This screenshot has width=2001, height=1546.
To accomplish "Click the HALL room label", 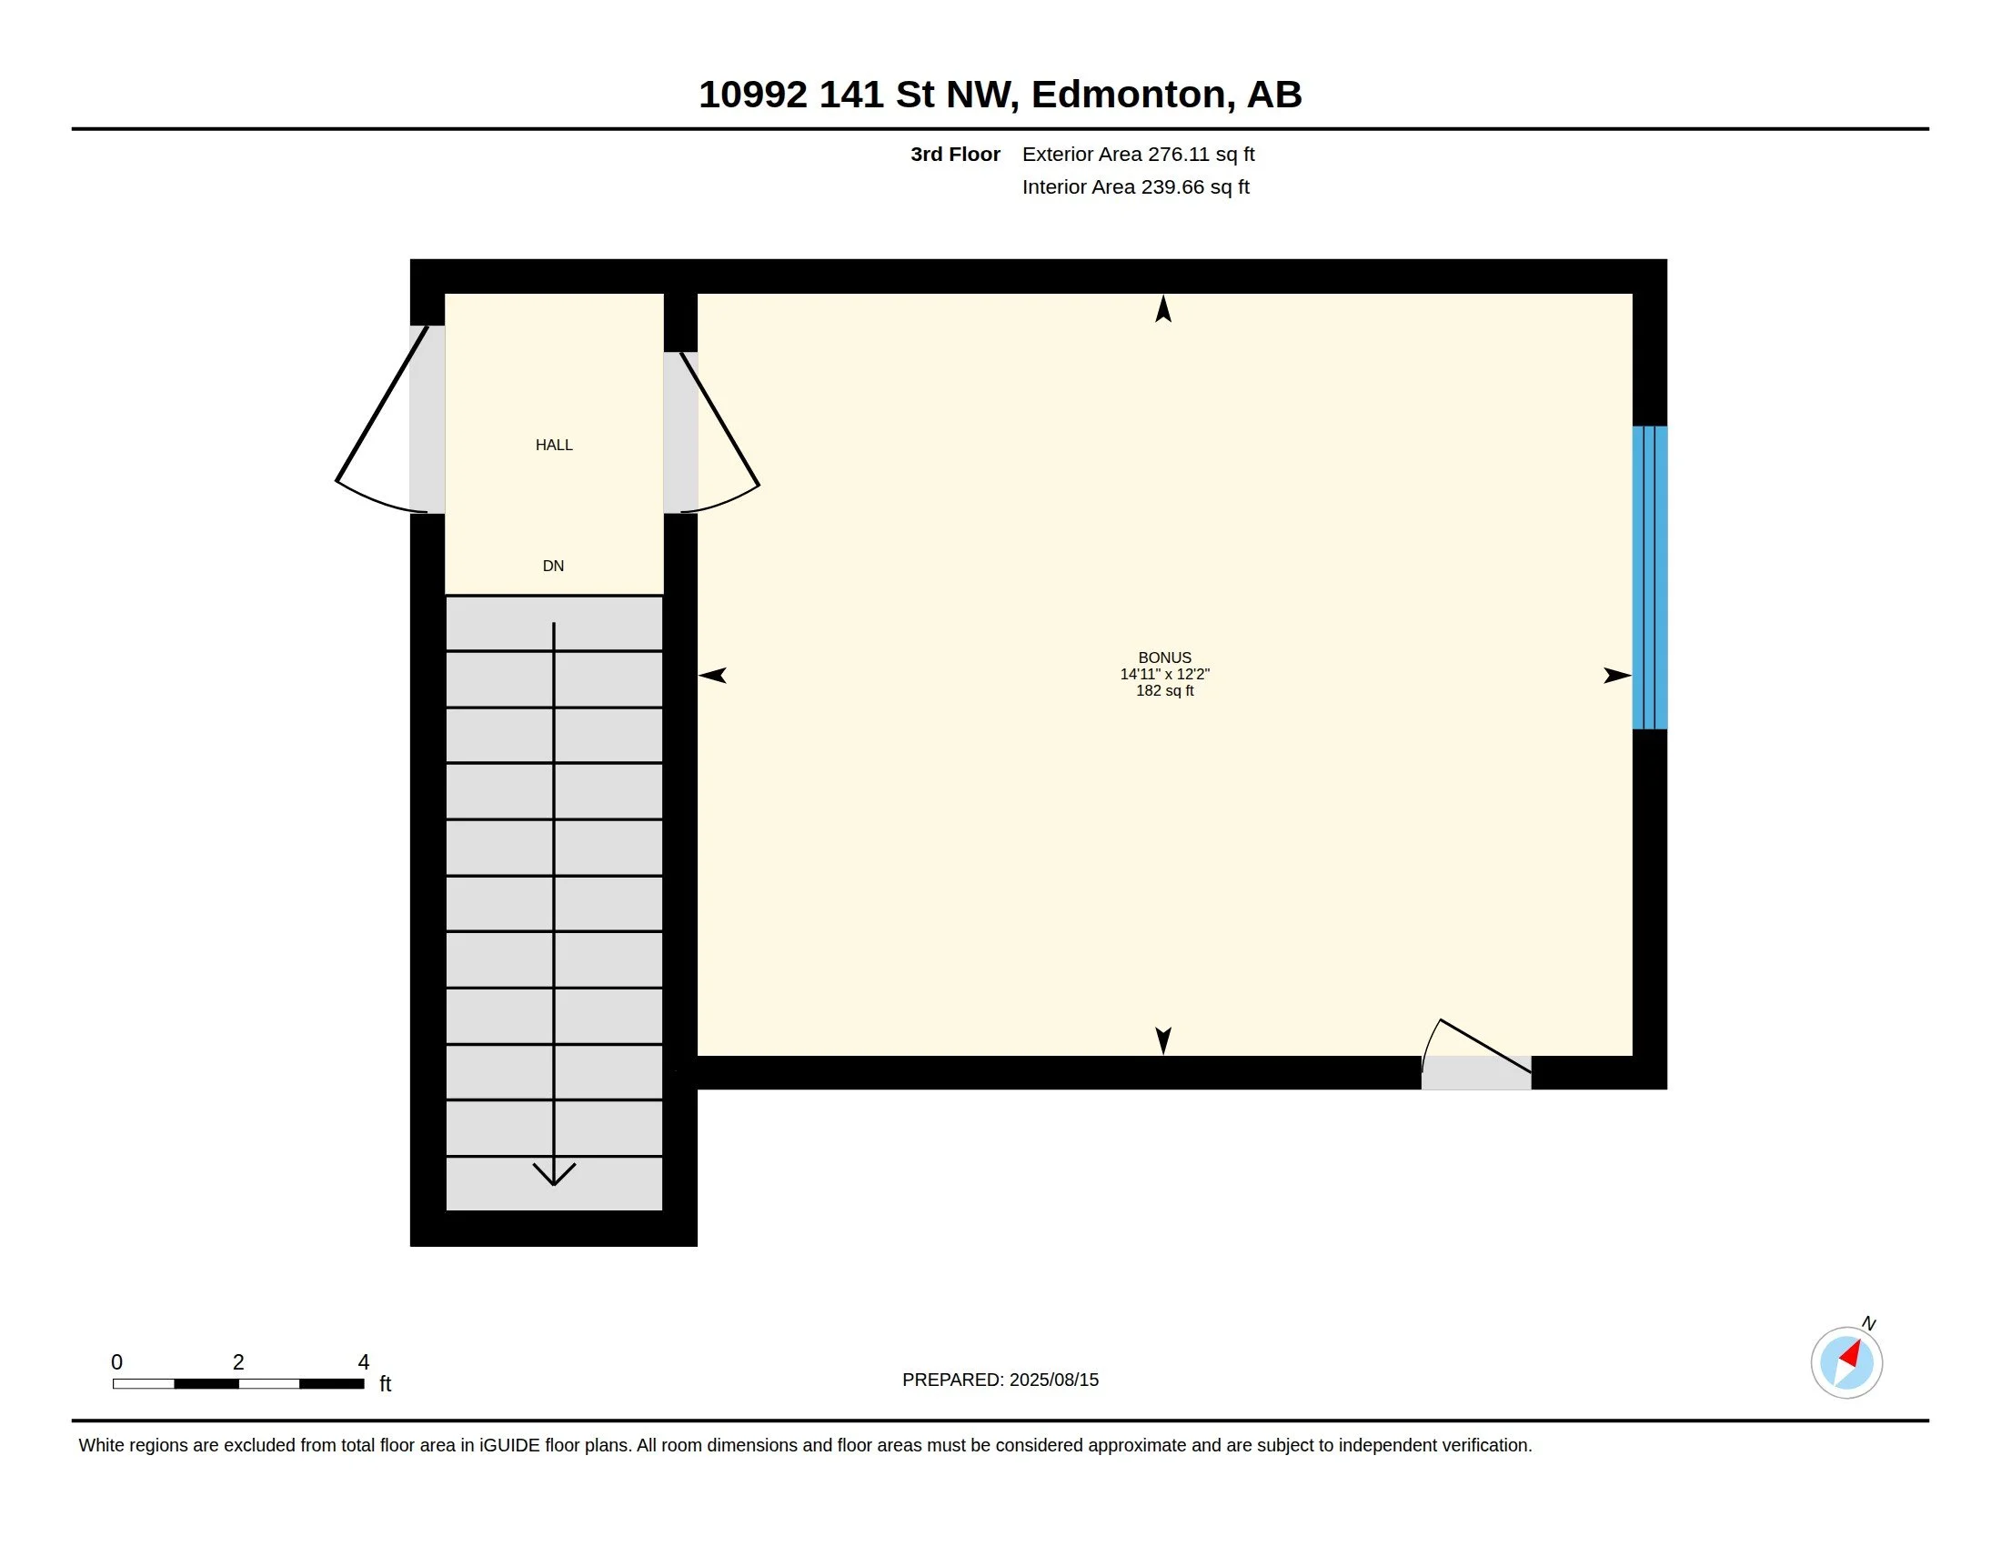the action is [553, 445].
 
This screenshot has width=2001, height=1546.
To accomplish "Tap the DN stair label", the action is [553, 566].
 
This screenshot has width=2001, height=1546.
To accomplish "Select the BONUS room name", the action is [1164, 658].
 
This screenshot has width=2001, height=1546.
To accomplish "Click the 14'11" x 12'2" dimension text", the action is [1164, 674].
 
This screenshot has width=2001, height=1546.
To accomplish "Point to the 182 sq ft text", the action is [1164, 690].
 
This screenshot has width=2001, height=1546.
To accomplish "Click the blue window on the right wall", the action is [1649, 577].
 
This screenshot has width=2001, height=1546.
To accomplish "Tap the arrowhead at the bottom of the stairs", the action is [554, 1174].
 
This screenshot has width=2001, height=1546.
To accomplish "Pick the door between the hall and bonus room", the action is [720, 430].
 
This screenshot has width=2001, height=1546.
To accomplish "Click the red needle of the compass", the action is [1851, 1354].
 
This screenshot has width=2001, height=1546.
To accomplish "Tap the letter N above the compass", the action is [1869, 1323].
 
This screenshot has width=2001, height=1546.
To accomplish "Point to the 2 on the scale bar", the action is [238, 1362].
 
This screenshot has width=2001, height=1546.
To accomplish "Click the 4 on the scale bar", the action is [364, 1362].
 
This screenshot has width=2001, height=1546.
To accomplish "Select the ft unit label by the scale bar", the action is [386, 1384].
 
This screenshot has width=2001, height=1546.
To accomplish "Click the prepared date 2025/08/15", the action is [1053, 1380].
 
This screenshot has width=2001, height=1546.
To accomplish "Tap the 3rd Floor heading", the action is [956, 155].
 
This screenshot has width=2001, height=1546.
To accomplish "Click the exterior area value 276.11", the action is [1179, 155].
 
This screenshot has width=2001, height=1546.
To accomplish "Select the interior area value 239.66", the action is [1172, 186].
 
